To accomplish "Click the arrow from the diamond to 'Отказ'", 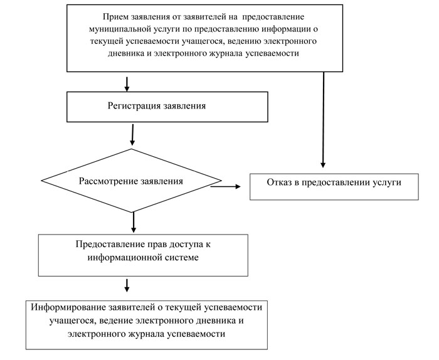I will point(226,186).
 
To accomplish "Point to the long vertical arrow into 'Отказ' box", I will point(323,119).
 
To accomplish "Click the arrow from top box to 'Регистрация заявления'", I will point(128,83).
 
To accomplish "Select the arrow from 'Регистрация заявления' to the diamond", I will point(132,134).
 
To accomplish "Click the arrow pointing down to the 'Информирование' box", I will point(127,285).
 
